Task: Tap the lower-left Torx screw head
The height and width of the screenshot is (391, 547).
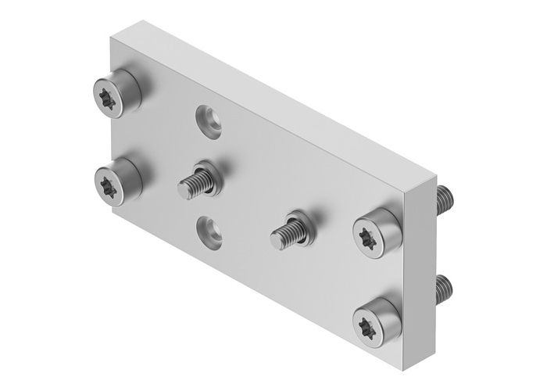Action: (109, 185)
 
